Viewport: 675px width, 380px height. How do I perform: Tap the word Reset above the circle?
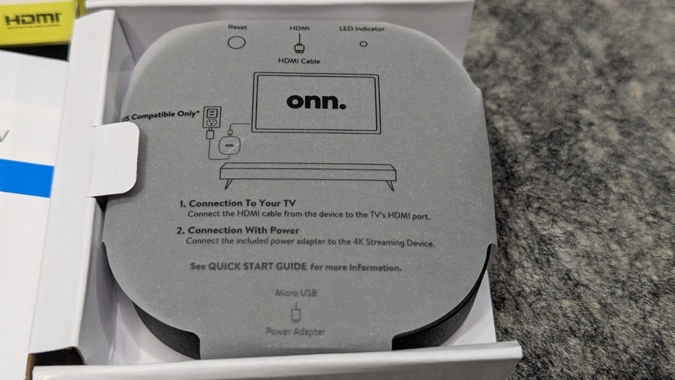[x=237, y=27]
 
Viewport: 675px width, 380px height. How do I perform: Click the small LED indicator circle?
[x=364, y=44]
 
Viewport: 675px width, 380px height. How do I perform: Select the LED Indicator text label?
[x=361, y=29]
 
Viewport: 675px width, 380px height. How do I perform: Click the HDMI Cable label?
[x=300, y=61]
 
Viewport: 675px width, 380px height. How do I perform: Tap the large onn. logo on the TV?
[x=316, y=101]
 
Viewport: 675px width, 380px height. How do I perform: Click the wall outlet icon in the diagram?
[x=212, y=118]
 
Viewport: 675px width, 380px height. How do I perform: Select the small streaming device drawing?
[x=229, y=145]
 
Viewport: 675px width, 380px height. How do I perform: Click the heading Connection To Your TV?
[x=238, y=203]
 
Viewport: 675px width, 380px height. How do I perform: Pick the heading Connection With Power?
[x=238, y=230]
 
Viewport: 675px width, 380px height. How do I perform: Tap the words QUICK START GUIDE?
[x=258, y=266]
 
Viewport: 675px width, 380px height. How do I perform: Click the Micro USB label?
[x=296, y=293]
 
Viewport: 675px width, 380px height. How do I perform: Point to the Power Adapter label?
[x=296, y=331]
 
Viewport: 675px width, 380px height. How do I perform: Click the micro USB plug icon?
[x=296, y=312]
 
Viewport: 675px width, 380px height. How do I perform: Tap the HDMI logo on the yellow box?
[x=33, y=19]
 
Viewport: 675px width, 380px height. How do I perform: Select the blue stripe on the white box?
[x=26, y=177]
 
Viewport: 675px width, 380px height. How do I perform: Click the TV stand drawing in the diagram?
[x=308, y=175]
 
